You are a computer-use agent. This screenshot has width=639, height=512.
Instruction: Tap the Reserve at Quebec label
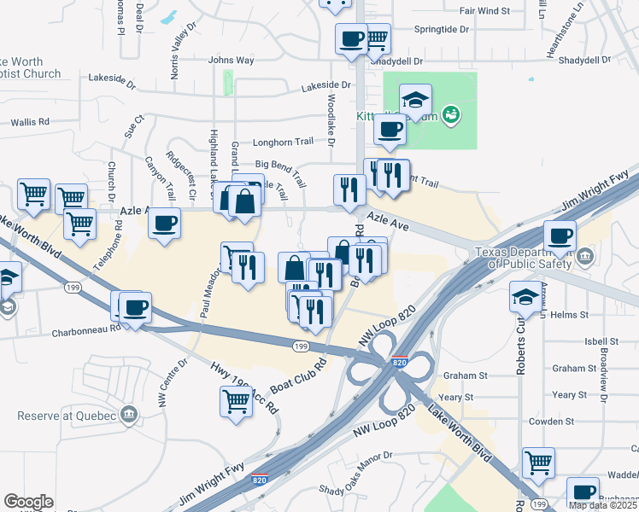point(67,416)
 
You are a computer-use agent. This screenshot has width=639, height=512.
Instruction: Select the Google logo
point(28,502)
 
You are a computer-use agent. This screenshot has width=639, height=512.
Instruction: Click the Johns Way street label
point(231,61)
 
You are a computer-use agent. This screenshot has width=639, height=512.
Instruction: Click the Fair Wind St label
point(484,11)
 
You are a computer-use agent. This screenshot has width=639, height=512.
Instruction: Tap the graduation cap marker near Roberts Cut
point(525,297)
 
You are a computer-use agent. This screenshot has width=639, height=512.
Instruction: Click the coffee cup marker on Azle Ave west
point(164,224)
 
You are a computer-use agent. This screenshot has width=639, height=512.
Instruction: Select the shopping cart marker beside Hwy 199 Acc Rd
point(236,400)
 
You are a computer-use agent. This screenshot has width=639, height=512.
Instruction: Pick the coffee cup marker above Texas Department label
point(560,236)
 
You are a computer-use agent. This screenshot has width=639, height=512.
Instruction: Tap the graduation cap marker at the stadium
point(415,99)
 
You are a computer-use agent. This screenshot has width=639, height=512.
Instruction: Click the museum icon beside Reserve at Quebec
point(128,415)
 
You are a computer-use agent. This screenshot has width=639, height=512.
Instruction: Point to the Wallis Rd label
point(31,123)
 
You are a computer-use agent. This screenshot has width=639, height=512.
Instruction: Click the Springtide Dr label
point(442,29)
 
